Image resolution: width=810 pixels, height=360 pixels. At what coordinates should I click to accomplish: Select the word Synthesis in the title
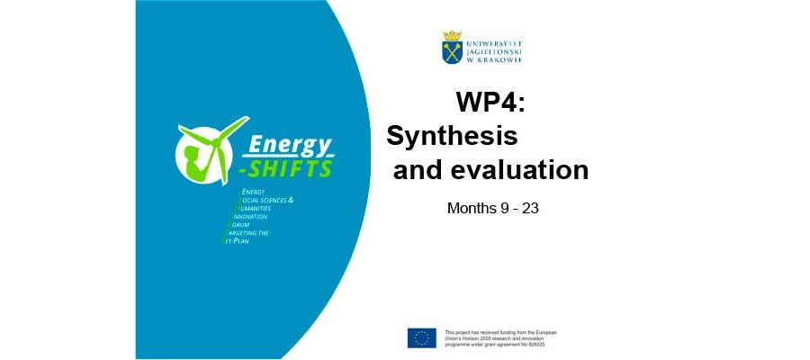pos(452,137)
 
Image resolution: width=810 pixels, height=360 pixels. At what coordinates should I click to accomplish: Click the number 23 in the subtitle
pos(529,208)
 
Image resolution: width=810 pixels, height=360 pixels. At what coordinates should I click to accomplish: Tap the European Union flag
pos(421,337)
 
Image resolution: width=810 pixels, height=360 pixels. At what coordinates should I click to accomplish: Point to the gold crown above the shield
pos(452,36)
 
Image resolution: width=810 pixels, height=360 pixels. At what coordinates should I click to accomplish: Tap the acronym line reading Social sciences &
pos(265,199)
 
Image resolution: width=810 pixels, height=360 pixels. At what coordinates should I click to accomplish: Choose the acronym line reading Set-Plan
pos(242,241)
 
